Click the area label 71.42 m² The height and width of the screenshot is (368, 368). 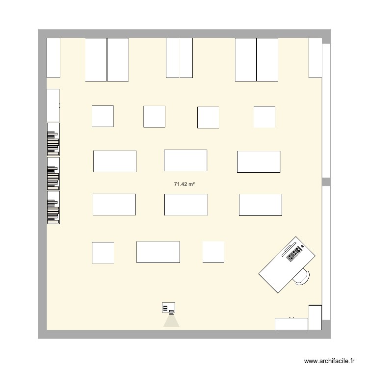click(184, 184)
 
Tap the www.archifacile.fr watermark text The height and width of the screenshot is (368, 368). click(329, 360)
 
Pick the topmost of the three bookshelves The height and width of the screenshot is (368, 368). click(53, 139)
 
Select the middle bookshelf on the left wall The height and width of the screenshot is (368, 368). click(53, 173)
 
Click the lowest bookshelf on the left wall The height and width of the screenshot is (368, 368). click(53, 208)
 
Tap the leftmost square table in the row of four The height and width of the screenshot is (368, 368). click(103, 116)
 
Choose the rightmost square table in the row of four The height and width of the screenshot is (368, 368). click(264, 117)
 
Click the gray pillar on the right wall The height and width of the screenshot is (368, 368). click(326, 182)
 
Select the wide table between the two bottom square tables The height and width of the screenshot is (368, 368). click(158, 252)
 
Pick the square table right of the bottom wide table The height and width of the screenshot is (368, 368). click(213, 252)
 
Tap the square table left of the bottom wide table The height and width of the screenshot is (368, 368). click(103, 252)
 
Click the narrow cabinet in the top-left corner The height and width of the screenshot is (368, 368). click(53, 58)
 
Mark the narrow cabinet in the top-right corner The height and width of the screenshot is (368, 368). click(315, 58)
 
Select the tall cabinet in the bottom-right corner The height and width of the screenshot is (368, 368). click(315, 317)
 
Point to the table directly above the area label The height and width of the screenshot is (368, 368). click(185, 160)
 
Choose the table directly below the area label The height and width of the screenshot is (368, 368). click(186, 205)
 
